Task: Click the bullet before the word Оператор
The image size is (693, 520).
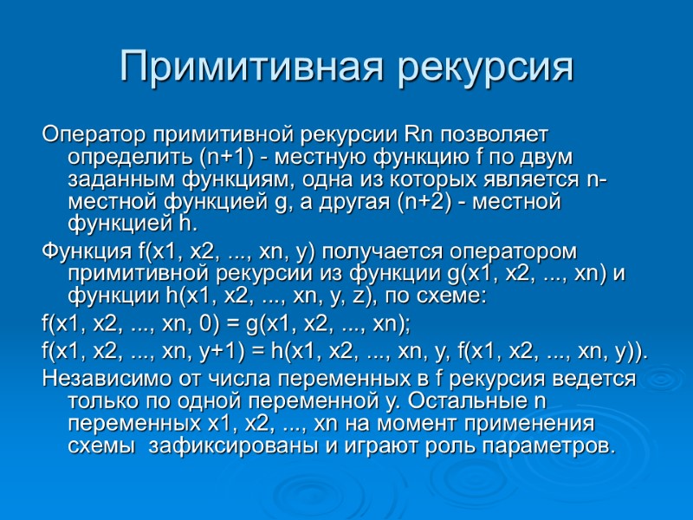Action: click(x=35, y=136)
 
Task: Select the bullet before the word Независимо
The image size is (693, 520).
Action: click(x=35, y=379)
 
